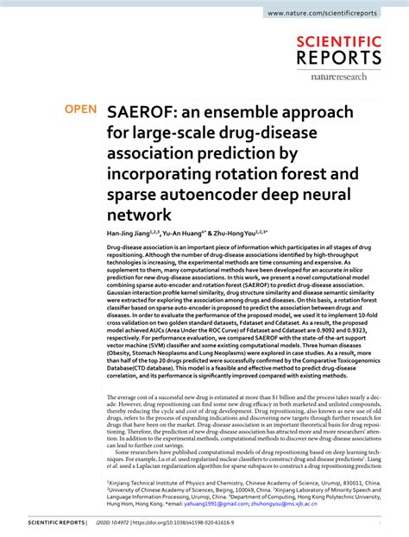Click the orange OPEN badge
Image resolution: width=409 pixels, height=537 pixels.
tap(79, 109)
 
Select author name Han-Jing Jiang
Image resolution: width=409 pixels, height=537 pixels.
tap(129, 233)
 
